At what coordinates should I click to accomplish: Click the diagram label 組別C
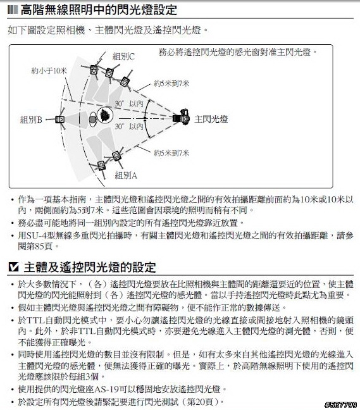pos(123,56)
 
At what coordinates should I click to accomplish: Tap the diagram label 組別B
pos(31,120)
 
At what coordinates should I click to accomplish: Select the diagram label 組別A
pos(126,175)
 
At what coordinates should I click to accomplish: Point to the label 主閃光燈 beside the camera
pos(211,119)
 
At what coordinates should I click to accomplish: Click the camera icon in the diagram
pos(181,118)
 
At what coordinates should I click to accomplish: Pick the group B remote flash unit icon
pos(60,120)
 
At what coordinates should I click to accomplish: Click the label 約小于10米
pos(49,71)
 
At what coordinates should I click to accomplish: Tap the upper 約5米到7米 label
pos(171,84)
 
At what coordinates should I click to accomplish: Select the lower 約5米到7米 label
pos(171,152)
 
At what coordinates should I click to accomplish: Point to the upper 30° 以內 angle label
pos(129,104)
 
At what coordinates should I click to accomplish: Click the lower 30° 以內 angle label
pos(129,127)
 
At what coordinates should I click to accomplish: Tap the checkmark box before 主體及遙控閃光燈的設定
pos(13,267)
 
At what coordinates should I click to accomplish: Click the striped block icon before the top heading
pos(13,10)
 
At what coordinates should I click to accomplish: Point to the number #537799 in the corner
pos(340,405)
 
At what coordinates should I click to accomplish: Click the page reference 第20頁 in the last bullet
pos(202,402)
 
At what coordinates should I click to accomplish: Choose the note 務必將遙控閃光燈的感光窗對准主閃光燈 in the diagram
pos(235,52)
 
